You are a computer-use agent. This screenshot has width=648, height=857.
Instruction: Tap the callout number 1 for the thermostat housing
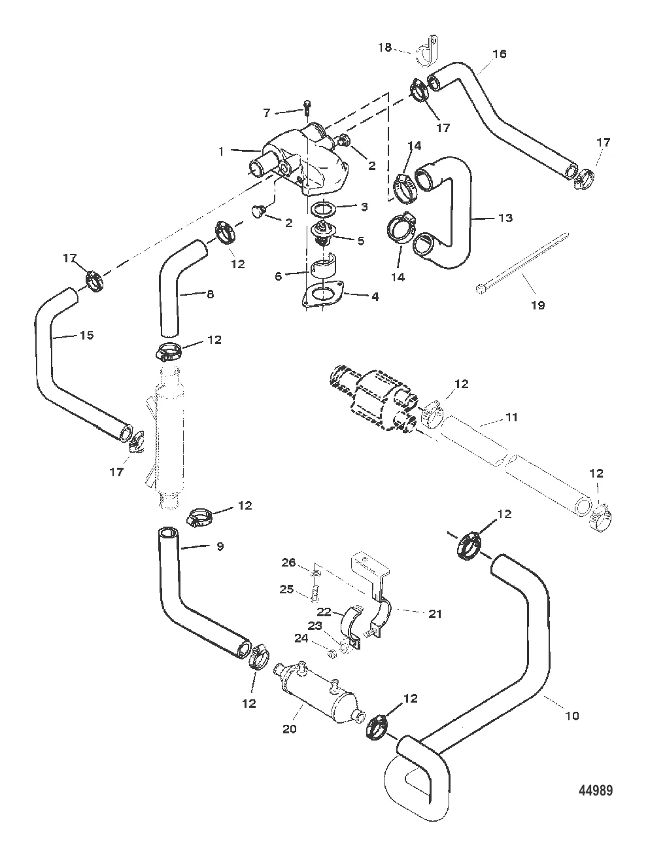click(x=222, y=151)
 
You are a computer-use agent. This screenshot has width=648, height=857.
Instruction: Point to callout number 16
click(x=499, y=54)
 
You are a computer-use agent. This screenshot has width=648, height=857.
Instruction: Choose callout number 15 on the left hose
click(x=87, y=336)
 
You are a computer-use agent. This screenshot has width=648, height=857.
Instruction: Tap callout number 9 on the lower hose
click(x=220, y=546)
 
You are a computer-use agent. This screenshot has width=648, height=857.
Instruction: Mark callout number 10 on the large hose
click(x=572, y=716)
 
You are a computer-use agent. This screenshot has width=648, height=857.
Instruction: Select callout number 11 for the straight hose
click(x=512, y=417)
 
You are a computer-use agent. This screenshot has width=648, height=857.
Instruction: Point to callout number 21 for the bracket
click(x=435, y=614)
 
